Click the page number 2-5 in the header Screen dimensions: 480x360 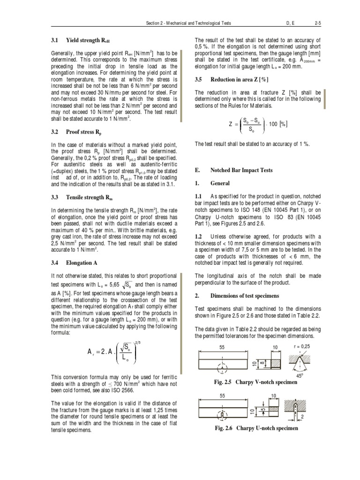(317, 22)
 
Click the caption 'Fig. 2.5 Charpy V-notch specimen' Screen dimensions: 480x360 (255, 382)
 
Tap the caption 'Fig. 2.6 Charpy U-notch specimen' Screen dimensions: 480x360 (256, 428)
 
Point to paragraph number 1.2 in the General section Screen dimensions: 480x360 (199, 237)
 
